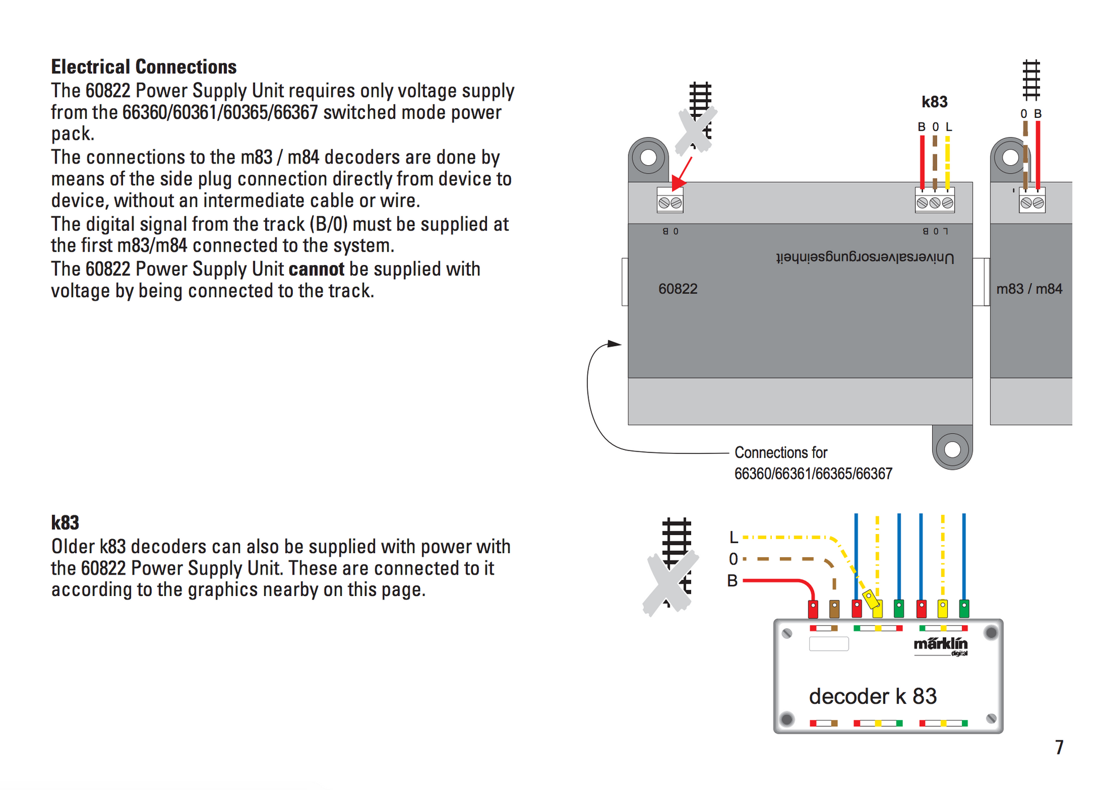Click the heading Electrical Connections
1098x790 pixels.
click(144, 67)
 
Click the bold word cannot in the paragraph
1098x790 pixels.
click(316, 270)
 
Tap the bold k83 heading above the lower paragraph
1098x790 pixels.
click(65, 523)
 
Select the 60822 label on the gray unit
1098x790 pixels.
click(678, 289)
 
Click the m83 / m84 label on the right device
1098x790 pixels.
click(1029, 289)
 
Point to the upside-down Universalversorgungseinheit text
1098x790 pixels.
click(865, 258)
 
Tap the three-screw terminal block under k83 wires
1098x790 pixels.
click(934, 202)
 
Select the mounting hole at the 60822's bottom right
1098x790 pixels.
click(952, 449)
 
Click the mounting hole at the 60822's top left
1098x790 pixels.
click(648, 157)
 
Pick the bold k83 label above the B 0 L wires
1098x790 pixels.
click(934, 102)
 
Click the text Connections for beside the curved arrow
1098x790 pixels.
click(780, 453)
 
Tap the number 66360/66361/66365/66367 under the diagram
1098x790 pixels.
click(813, 474)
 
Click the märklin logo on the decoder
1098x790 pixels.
click(941, 645)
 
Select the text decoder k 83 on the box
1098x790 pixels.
click(872, 696)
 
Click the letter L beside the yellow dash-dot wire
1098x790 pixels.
click(734, 537)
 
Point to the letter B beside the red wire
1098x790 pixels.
click(732, 580)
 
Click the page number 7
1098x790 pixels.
click(1059, 747)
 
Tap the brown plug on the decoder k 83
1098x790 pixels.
click(834, 608)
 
